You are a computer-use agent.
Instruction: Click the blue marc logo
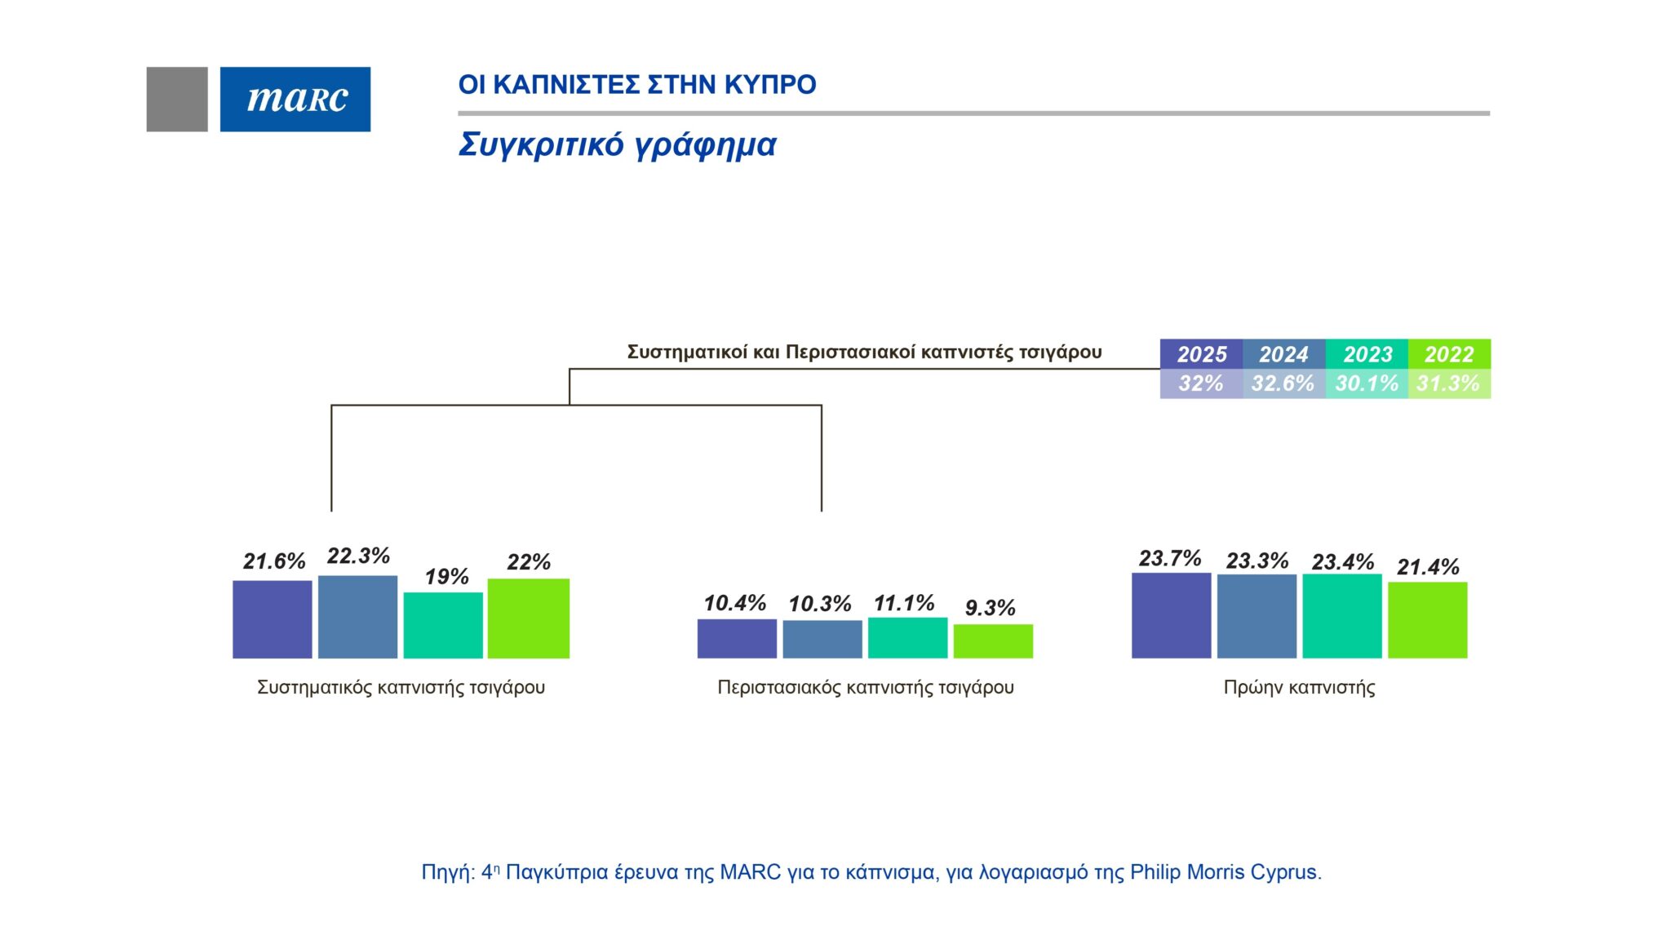click(x=295, y=99)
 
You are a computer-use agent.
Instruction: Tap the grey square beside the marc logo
click(x=177, y=99)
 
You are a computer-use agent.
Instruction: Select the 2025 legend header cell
click(x=1201, y=354)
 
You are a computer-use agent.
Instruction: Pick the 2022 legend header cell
click(x=1449, y=354)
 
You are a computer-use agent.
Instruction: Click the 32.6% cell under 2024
click(x=1283, y=384)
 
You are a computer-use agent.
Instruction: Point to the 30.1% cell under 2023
click(x=1367, y=384)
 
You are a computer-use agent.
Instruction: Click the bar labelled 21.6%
click(x=273, y=619)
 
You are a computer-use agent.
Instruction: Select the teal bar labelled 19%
click(x=443, y=625)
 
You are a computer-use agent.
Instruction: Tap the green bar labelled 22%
click(x=529, y=619)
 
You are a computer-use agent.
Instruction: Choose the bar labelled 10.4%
click(x=737, y=638)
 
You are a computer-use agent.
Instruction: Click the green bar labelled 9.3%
click(x=993, y=641)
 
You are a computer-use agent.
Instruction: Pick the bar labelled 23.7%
click(x=1171, y=615)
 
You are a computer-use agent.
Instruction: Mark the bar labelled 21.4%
click(x=1427, y=620)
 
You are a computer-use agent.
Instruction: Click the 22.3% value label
click(x=358, y=556)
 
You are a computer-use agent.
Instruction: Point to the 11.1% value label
click(x=904, y=604)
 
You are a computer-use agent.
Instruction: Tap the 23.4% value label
click(x=1343, y=562)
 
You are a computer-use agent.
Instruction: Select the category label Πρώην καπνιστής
click(x=1299, y=688)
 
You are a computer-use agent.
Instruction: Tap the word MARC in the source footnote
click(x=750, y=872)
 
